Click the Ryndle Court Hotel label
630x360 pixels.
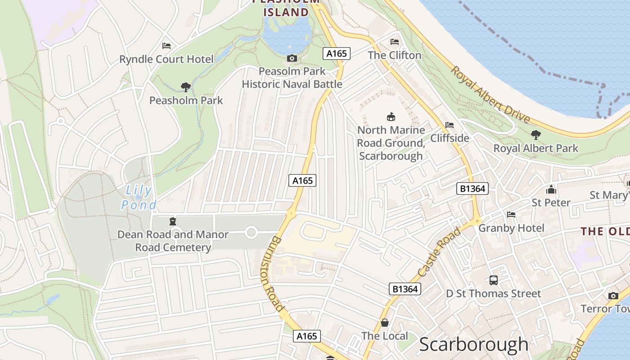166,59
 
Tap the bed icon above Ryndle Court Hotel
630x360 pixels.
166,45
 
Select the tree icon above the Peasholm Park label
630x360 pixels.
185,87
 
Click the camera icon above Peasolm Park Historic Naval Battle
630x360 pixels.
292,58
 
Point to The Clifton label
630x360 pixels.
394,55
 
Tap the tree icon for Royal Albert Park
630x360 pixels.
535,134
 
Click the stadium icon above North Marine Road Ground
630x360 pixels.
391,117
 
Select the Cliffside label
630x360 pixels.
450,138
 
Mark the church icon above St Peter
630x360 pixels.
551,189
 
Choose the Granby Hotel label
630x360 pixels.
511,228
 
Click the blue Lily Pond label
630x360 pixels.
139,198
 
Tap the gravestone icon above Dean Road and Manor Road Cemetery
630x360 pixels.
173,221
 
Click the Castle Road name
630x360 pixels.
439,252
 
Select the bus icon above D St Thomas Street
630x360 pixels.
494,280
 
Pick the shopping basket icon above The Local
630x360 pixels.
385,322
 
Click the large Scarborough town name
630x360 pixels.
474,345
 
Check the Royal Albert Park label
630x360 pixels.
535,148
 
